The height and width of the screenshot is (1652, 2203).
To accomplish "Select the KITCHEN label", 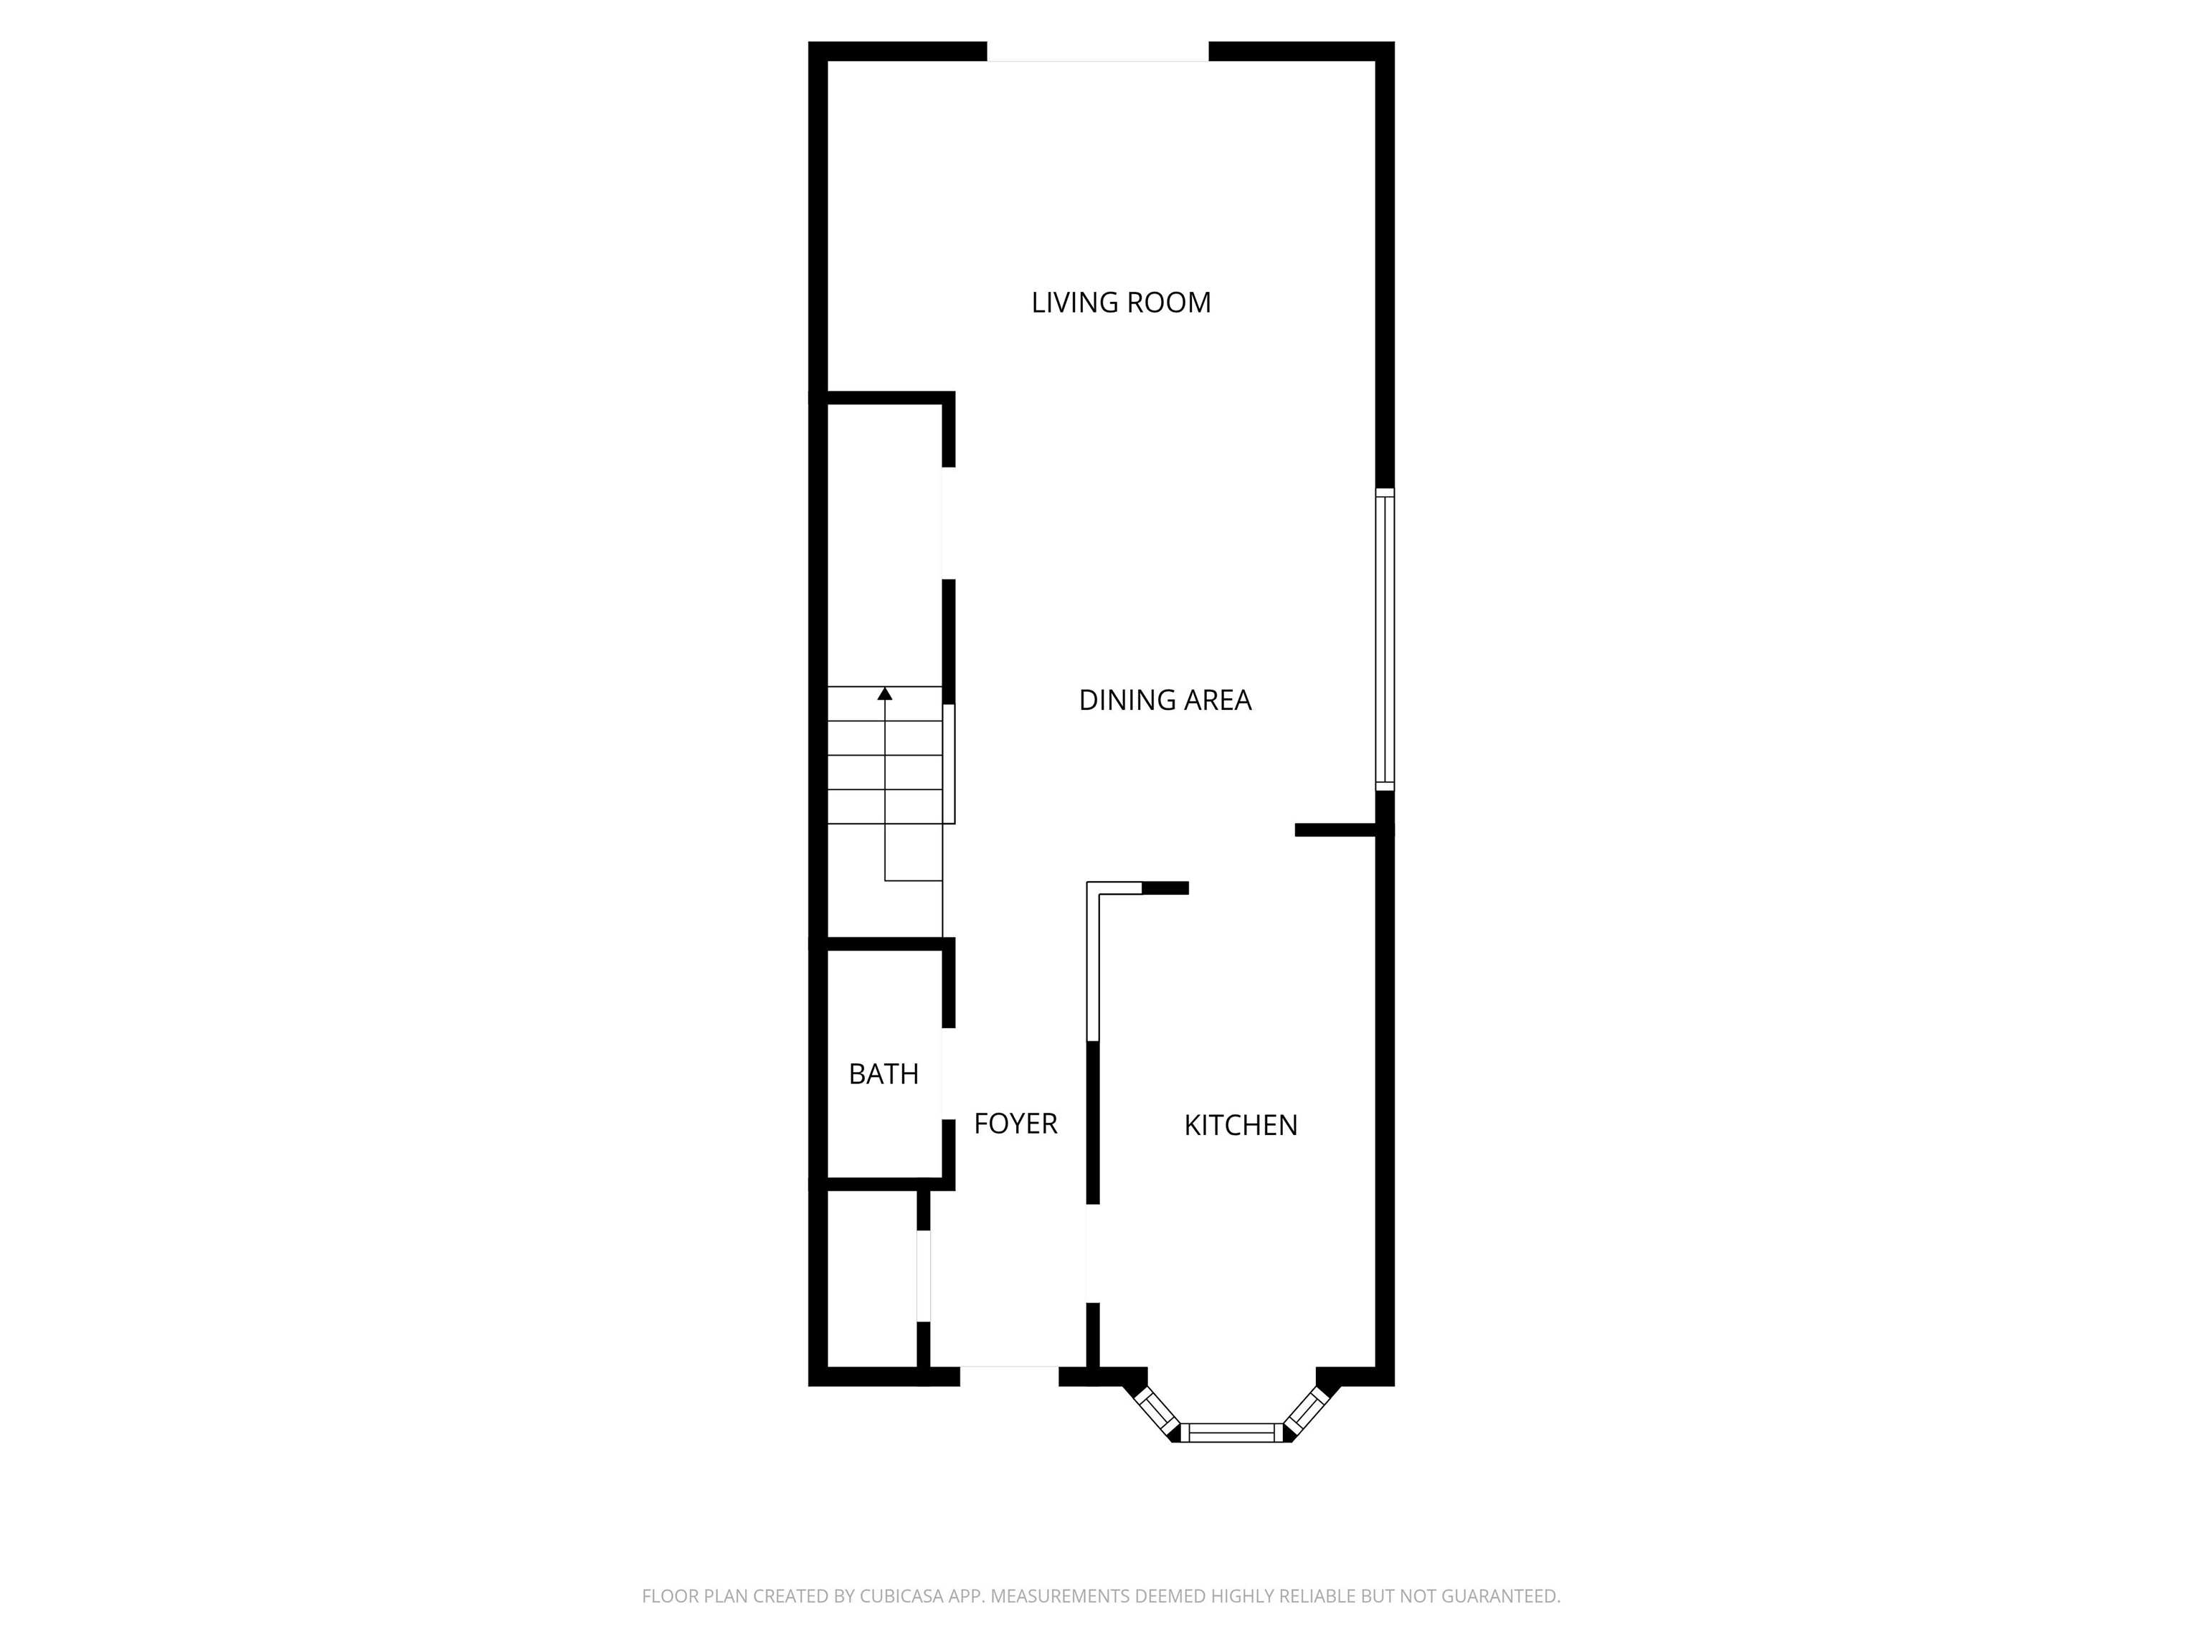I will click(1240, 1125).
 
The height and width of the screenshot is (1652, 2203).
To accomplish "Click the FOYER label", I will click(1015, 1124).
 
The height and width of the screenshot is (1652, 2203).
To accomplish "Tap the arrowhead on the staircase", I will click(884, 693).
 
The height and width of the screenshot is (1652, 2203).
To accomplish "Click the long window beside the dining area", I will click(1384, 640).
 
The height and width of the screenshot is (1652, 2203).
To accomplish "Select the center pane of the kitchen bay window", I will click(1233, 1433).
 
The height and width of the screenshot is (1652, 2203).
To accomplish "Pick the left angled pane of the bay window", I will click(1156, 1409).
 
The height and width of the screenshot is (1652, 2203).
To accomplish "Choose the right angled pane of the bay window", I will click(1307, 1408).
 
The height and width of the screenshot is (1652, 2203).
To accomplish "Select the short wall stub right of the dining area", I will click(1335, 830).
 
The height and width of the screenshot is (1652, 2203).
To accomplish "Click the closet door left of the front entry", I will click(923, 1276).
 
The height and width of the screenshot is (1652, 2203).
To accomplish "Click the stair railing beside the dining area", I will click(950, 763).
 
